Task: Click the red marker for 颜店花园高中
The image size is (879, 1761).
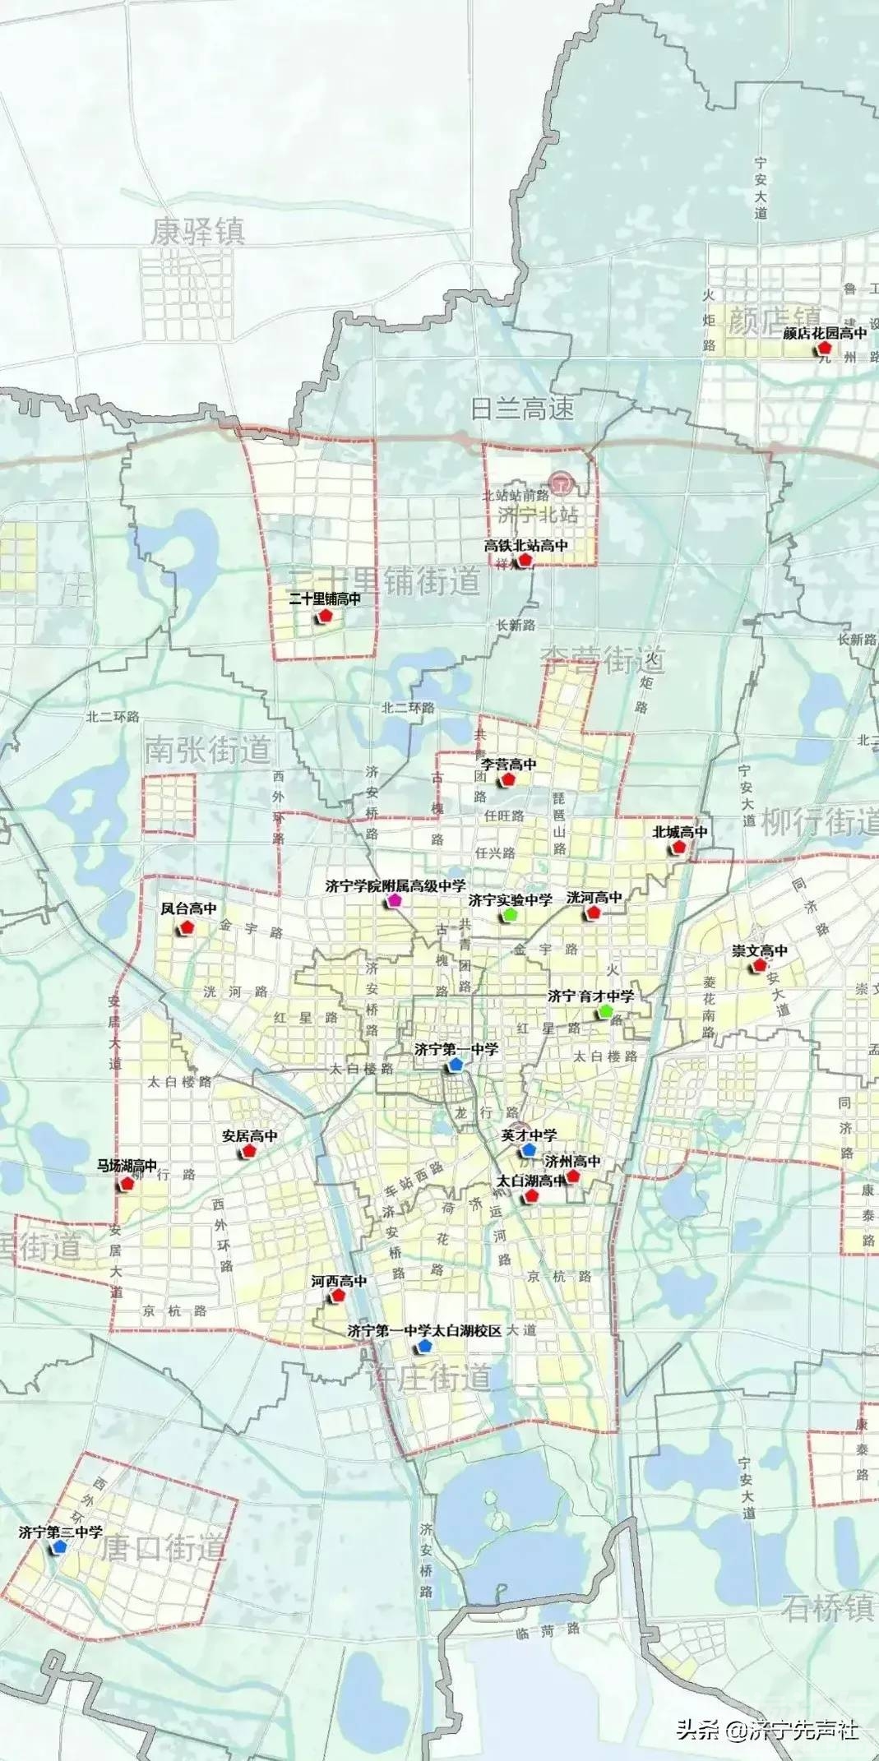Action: pos(824,349)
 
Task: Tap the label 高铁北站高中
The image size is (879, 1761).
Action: pos(525,545)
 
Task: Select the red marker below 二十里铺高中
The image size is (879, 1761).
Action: pos(325,615)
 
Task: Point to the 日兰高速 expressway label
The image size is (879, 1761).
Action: pos(522,409)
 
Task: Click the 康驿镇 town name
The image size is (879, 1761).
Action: pos(197,232)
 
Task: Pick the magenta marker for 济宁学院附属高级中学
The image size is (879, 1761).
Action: pos(395,901)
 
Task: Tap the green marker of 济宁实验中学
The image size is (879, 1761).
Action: pos(510,914)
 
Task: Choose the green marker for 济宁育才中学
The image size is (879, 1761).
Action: pos(606,1010)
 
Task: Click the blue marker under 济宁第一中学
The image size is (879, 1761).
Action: pos(456,1064)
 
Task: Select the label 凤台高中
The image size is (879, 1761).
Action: pos(188,908)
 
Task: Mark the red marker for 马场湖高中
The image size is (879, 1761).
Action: pos(127,1184)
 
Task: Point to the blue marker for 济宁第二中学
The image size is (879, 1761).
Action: pos(58,1546)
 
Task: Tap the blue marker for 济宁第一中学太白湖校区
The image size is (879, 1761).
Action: pos(423,1346)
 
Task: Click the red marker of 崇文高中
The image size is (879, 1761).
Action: pos(759,965)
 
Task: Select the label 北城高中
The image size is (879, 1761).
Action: pos(680,832)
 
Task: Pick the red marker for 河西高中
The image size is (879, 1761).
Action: pos(338,1296)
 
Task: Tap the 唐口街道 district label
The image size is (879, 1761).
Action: pos(163,1549)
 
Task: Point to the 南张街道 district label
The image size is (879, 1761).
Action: pos(207,750)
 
